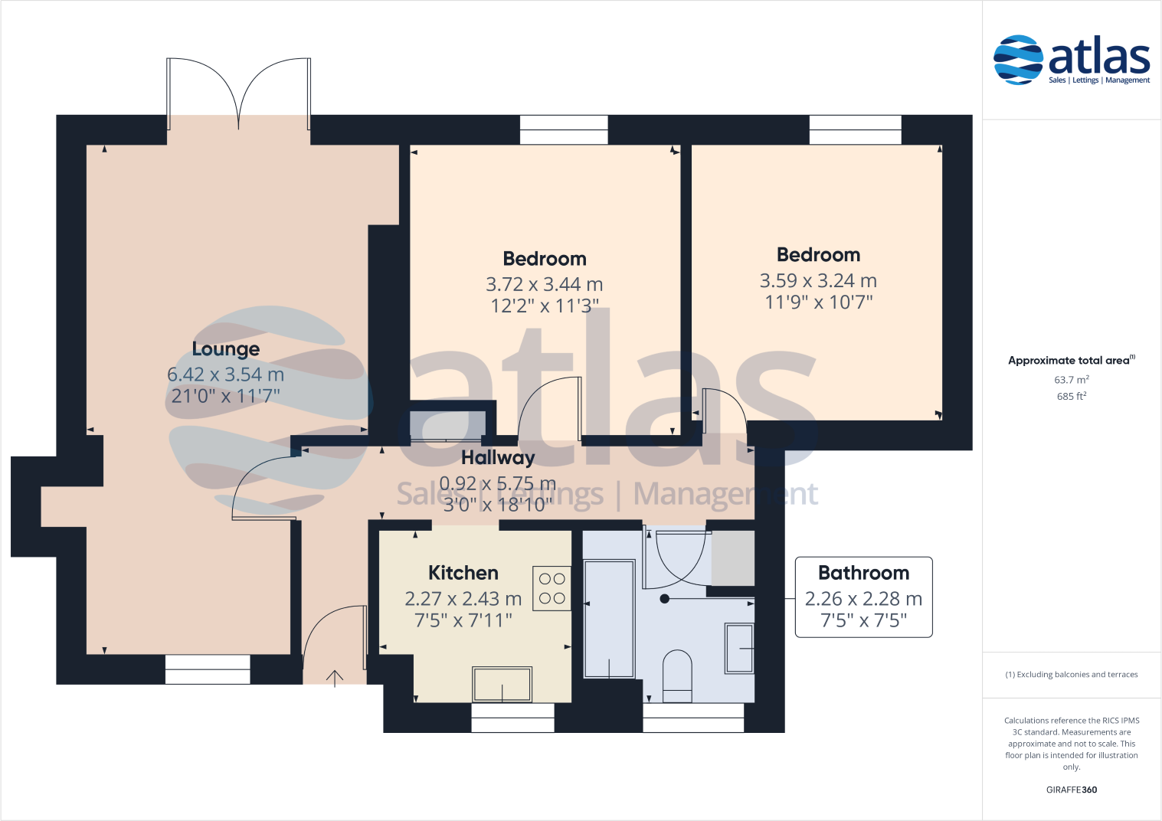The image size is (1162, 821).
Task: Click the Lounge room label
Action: tap(225, 349)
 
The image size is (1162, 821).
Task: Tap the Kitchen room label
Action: tap(463, 573)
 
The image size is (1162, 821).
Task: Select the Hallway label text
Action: tap(498, 458)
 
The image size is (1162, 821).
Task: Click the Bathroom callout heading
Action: tap(863, 573)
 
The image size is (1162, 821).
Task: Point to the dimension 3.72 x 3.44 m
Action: tap(544, 284)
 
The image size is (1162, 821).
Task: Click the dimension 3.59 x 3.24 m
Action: tap(817, 281)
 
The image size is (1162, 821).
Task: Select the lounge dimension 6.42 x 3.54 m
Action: tap(225, 375)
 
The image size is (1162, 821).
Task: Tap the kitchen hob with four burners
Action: tap(552, 588)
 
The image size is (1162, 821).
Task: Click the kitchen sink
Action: tap(502, 684)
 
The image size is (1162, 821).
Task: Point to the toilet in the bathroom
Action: tap(677, 675)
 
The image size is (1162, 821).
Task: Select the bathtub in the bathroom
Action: tap(609, 619)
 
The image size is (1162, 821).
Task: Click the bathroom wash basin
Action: tap(739, 648)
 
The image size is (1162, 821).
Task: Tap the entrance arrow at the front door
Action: tap(335, 678)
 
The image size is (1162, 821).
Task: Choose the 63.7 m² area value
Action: tap(1071, 380)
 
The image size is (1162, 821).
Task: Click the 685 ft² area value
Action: tap(1071, 397)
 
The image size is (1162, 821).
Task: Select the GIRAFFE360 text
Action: tap(1071, 790)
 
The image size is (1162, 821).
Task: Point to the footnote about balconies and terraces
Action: tap(1071, 675)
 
